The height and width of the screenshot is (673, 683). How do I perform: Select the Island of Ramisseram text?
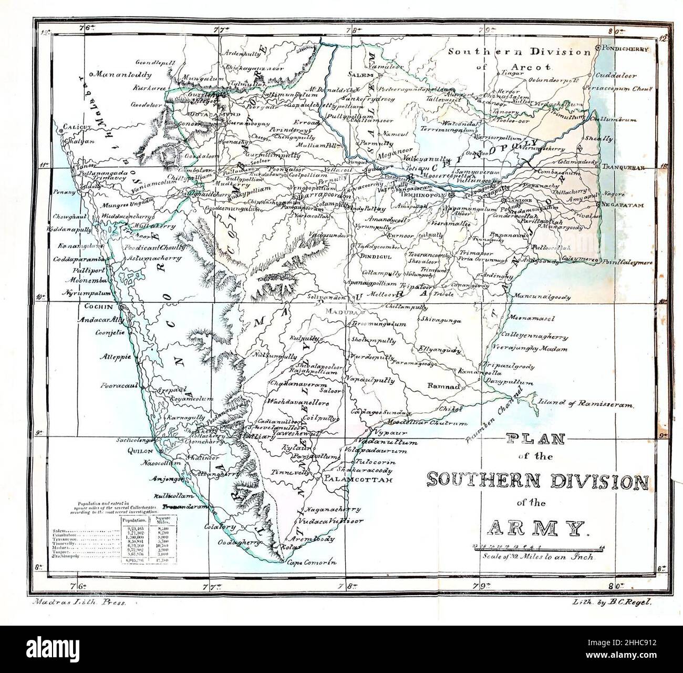tap(586, 404)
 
